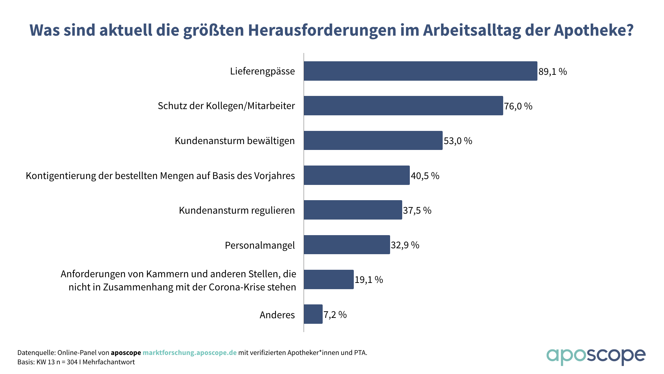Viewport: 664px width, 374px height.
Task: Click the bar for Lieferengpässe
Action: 420,71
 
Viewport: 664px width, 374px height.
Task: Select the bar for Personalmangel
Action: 347,245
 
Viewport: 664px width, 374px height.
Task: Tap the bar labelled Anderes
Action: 313,314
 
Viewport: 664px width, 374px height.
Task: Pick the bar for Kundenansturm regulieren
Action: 353,210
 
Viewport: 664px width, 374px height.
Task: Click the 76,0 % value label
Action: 518,106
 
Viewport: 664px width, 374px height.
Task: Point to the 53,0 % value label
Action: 458,141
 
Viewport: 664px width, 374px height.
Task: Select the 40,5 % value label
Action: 425,176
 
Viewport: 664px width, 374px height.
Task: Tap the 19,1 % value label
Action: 369,280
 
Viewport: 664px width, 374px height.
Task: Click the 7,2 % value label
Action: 335,315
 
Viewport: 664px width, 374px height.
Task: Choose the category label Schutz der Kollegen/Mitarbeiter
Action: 226,106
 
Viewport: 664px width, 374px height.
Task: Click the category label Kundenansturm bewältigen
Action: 234,141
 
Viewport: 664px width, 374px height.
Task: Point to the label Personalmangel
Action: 260,246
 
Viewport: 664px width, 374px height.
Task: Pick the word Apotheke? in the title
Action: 593,30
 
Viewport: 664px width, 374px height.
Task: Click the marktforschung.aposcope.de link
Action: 190,353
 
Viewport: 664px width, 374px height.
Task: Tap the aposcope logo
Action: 596,356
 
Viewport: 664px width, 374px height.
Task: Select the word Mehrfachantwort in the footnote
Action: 109,362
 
